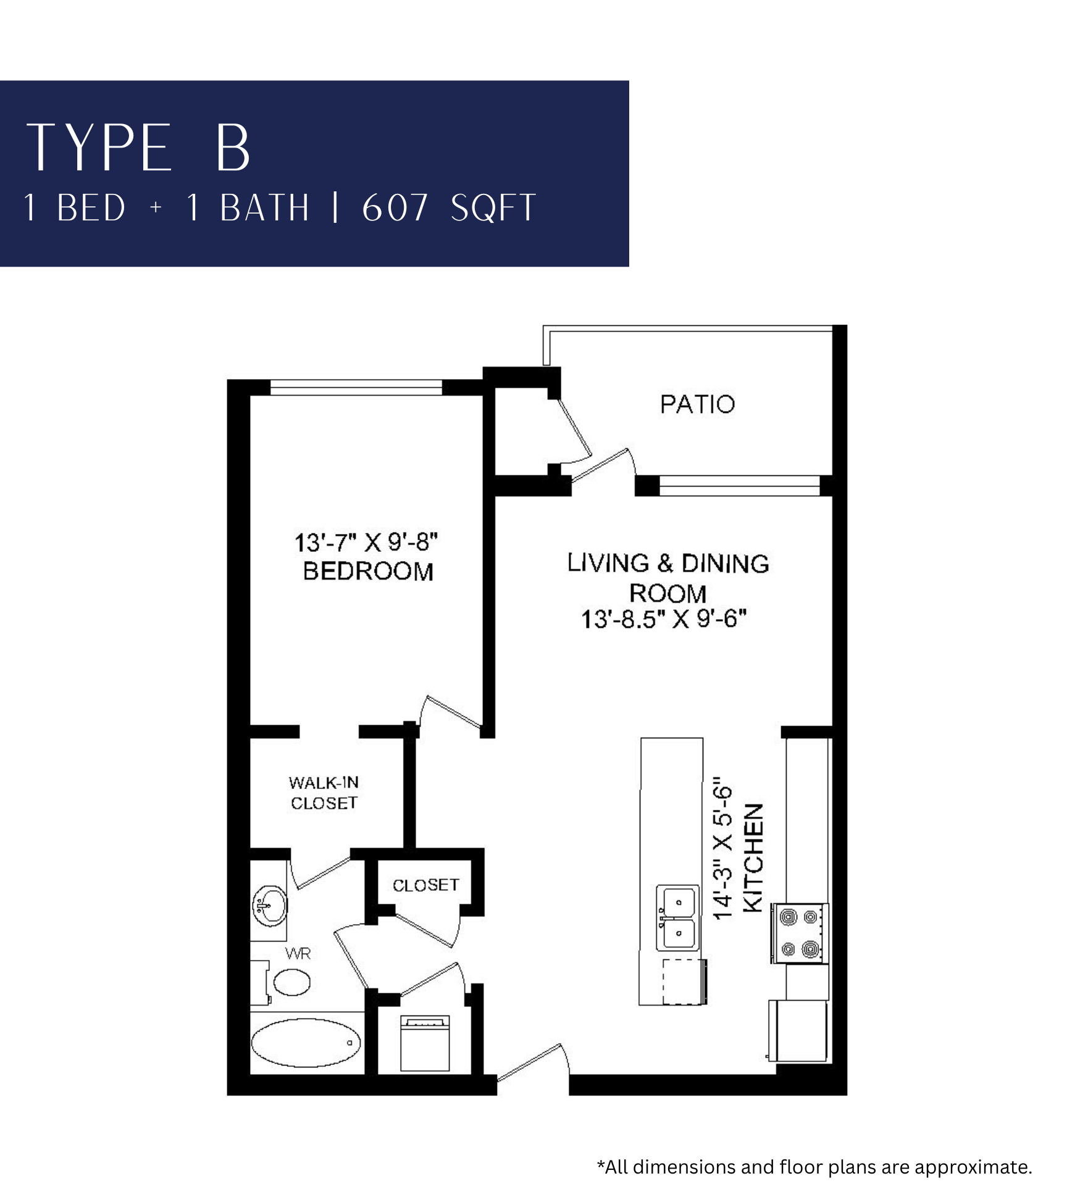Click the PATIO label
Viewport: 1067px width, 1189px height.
tap(697, 404)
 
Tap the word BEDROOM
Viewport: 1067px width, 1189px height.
tap(368, 571)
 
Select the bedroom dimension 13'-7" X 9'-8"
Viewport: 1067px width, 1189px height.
tap(366, 543)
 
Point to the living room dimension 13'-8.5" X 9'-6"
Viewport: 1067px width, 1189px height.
tap(664, 619)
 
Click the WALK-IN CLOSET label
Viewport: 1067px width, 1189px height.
tap(324, 793)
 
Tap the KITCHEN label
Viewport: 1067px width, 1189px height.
tap(753, 857)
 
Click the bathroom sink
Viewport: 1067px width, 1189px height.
tap(269, 906)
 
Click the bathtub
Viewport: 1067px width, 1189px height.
tap(306, 1043)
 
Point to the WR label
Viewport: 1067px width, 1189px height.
tap(298, 954)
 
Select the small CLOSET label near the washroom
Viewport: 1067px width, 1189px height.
tap(426, 885)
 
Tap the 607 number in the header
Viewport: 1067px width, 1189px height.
tap(395, 208)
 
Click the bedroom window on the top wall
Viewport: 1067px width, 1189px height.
tap(356, 388)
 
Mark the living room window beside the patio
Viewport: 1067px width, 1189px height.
tap(740, 486)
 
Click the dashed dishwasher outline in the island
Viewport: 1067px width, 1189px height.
tap(684, 982)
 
